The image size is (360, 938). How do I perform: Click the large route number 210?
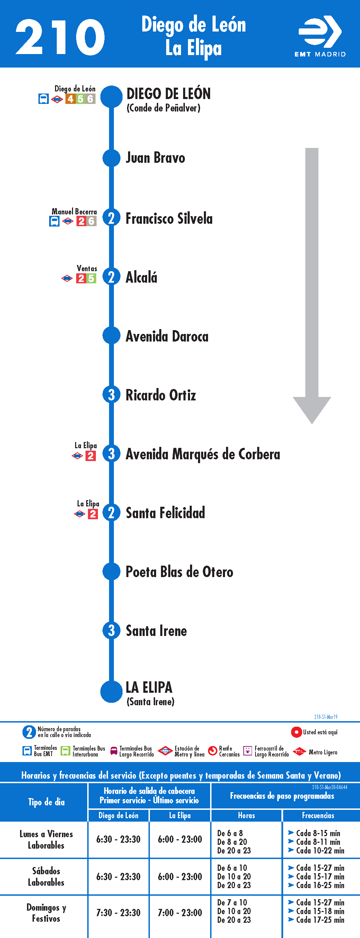(x=60, y=37)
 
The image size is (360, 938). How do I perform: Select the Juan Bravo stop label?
(x=155, y=158)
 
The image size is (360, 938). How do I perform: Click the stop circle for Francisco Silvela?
(x=111, y=218)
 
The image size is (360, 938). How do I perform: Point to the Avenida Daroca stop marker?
(x=111, y=336)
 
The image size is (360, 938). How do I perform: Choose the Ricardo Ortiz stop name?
(x=161, y=395)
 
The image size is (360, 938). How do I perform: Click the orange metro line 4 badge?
(x=70, y=99)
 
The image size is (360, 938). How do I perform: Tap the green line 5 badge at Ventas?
(x=91, y=278)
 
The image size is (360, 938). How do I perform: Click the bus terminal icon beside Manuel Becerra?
(x=54, y=221)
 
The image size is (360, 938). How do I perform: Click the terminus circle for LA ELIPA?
(x=111, y=691)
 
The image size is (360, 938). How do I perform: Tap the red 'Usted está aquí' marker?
(x=296, y=732)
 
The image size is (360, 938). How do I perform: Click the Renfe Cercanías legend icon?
(x=213, y=751)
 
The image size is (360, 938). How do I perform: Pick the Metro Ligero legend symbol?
(x=299, y=752)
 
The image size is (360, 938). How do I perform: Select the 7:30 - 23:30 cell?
(x=118, y=913)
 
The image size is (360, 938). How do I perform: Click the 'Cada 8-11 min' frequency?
(x=318, y=842)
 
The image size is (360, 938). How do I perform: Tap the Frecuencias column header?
(x=318, y=815)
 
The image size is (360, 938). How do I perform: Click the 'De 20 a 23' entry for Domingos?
(x=234, y=920)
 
